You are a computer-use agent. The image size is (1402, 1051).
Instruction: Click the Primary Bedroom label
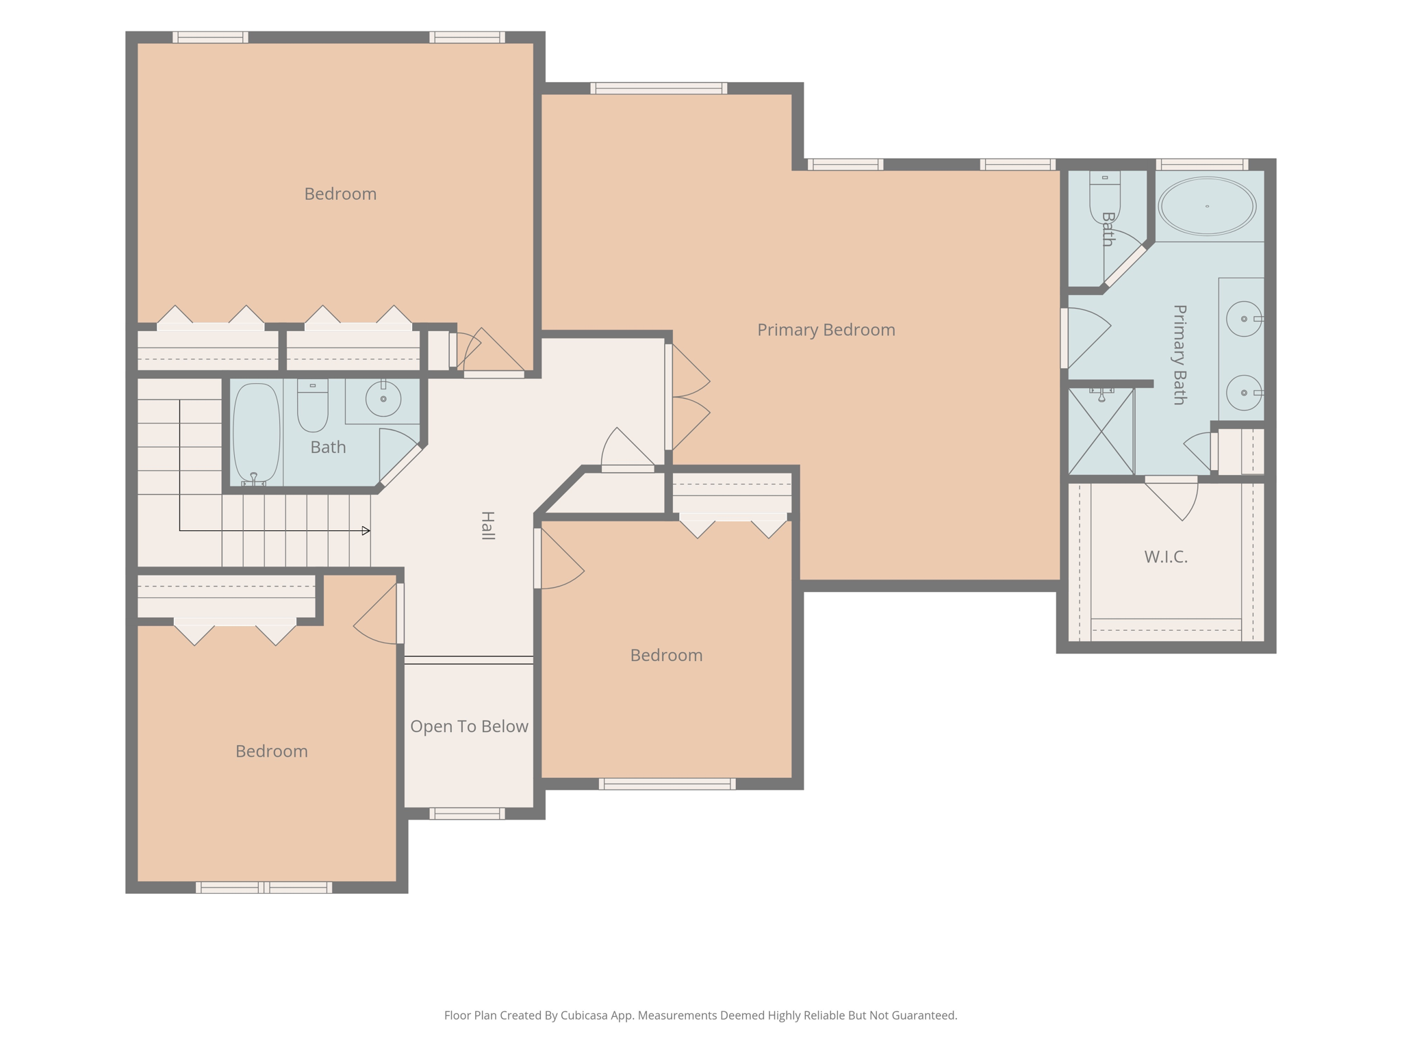pos(826,330)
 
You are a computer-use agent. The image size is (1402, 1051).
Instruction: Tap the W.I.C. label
pos(1166,557)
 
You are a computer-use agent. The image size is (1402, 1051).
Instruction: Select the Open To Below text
pos(469,726)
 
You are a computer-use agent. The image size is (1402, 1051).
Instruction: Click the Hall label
pos(487,525)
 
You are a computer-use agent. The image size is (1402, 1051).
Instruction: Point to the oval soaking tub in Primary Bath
pos(1207,206)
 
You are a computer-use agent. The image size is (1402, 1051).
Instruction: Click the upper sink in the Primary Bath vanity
pos(1244,319)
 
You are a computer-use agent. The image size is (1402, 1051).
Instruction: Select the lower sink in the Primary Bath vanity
pos(1244,393)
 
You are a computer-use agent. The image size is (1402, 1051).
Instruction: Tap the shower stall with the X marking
pos(1101,431)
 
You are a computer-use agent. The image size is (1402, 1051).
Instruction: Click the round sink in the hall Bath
pos(383,398)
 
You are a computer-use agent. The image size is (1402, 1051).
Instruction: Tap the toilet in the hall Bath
pos(313,406)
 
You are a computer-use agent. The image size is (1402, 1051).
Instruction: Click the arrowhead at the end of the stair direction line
pos(366,530)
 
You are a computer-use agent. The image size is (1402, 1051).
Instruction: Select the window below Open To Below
pos(468,814)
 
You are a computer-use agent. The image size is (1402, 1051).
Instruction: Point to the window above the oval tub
pos(1202,164)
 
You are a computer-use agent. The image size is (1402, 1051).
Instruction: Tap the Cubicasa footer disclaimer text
pos(700,1015)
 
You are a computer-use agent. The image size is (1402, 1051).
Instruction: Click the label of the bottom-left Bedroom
pos(272,751)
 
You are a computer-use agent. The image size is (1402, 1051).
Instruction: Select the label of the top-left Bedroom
pos(340,194)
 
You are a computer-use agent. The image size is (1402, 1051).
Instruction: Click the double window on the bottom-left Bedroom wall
pos(264,887)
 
